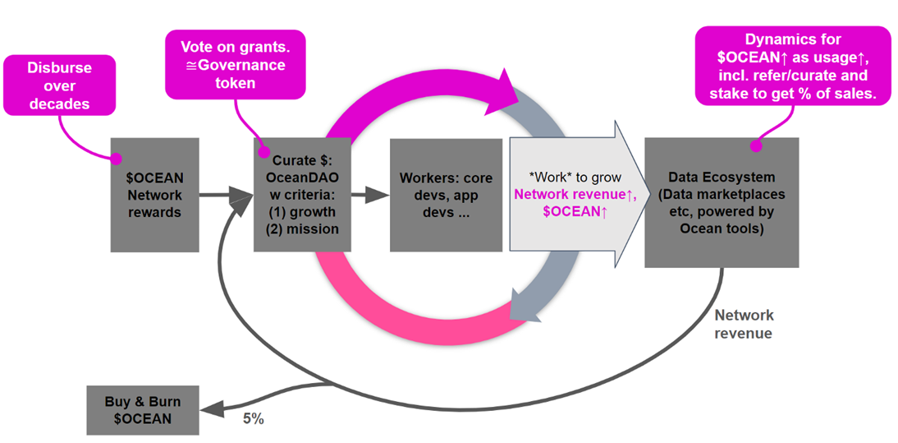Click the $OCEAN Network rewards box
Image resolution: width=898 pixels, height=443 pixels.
[x=155, y=195]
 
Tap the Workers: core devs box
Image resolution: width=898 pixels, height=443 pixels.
[x=446, y=194]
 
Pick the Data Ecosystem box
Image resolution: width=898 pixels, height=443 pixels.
[x=722, y=202]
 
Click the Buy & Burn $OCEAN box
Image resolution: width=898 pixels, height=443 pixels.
[x=143, y=410]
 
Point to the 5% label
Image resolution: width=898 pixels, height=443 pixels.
[x=253, y=418]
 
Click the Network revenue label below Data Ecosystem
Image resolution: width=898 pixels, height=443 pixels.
[x=743, y=324]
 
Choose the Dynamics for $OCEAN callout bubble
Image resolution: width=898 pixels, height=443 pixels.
[x=793, y=67]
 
